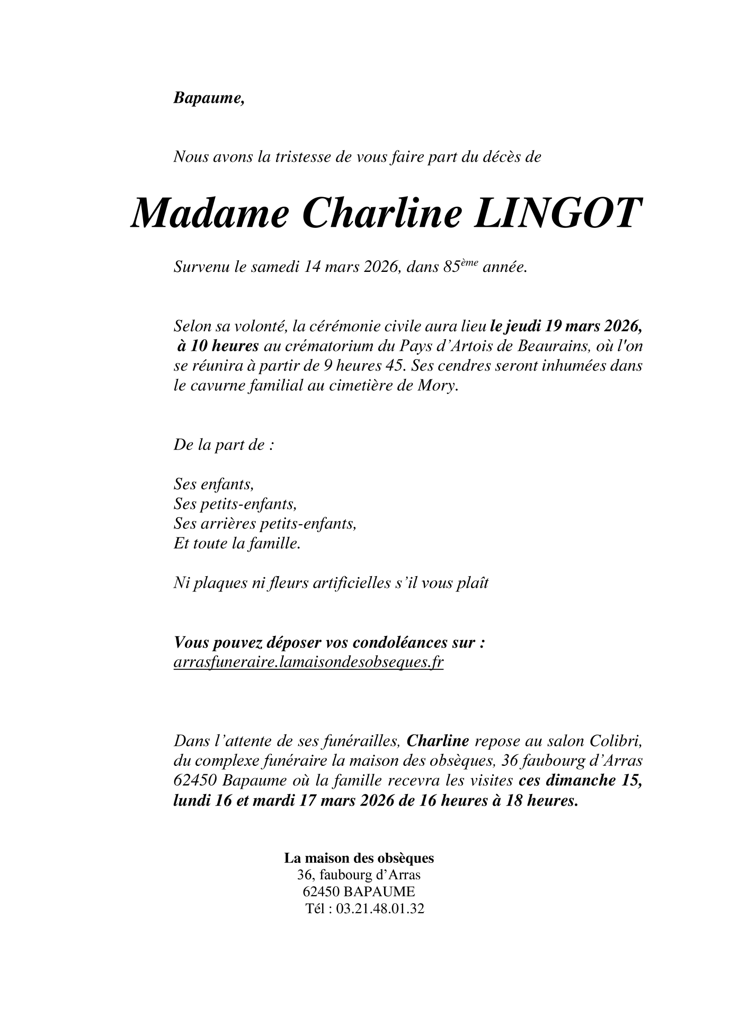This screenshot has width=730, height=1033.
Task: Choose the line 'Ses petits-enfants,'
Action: coord(235,504)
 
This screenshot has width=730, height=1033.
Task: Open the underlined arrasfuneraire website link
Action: coord(308,663)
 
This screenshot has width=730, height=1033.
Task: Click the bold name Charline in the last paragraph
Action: coord(438,740)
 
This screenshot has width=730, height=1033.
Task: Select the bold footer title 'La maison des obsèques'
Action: coord(359,858)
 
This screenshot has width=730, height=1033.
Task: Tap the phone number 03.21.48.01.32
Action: coord(380,909)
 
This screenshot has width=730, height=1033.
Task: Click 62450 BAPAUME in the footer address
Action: coord(359,891)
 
